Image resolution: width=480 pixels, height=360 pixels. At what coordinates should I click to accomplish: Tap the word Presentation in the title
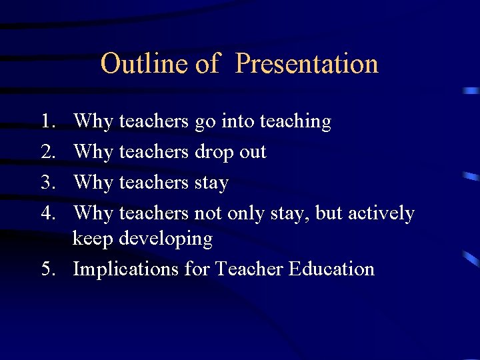[x=307, y=64]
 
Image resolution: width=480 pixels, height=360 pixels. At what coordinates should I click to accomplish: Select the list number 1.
[x=47, y=121]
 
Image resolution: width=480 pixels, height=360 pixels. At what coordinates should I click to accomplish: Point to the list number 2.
[x=47, y=152]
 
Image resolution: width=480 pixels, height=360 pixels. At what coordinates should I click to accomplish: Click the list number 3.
[x=47, y=182]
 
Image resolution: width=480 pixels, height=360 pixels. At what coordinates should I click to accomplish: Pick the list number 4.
[x=47, y=213]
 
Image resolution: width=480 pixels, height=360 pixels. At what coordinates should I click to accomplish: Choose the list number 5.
[x=47, y=269]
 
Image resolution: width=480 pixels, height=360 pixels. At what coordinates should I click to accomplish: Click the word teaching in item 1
[x=295, y=121]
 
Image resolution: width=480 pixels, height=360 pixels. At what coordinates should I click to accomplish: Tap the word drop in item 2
[x=214, y=152]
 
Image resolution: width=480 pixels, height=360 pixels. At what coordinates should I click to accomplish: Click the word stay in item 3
[x=211, y=183]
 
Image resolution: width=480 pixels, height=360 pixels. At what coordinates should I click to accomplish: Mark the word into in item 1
[x=237, y=121]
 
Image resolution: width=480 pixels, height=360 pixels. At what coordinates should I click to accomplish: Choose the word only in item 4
[x=245, y=213]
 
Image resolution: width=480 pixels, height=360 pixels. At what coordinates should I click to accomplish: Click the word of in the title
[x=207, y=64]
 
